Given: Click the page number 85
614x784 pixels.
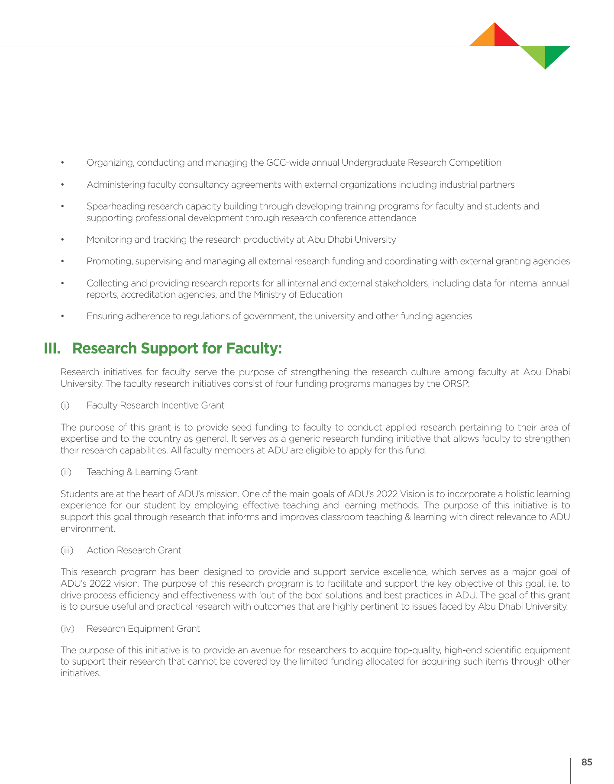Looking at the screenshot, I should (587, 762).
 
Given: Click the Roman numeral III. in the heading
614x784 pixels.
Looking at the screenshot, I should (52, 348).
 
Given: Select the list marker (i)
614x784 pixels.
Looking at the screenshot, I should (65, 405).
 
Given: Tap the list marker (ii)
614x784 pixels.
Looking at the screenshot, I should (66, 472).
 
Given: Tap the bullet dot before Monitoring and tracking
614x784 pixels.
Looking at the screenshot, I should (63, 240).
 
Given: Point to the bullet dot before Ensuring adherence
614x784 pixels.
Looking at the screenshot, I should (63, 316).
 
